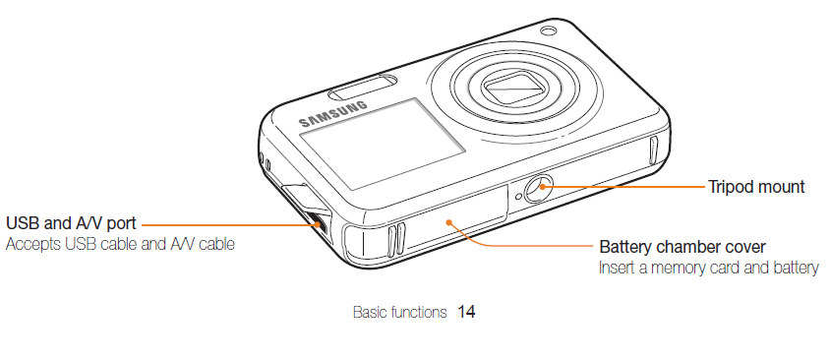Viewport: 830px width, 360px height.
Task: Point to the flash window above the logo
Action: pyautogui.click(x=363, y=88)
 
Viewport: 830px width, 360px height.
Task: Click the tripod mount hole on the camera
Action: pyautogui.click(x=539, y=189)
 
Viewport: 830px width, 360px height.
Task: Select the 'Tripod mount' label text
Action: pyautogui.click(x=756, y=187)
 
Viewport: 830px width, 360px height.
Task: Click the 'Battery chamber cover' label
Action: pyautogui.click(x=682, y=246)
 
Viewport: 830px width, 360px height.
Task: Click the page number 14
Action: pyautogui.click(x=466, y=313)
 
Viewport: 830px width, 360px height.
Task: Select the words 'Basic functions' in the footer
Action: pyautogui.click(x=399, y=313)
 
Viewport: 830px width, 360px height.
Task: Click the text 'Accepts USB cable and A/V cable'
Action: pyautogui.click(x=120, y=243)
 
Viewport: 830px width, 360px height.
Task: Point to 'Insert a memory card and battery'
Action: pyautogui.click(x=709, y=268)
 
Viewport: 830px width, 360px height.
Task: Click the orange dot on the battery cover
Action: pyautogui.click(x=448, y=221)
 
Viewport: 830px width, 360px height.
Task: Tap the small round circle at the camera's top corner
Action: pyautogui.click(x=546, y=31)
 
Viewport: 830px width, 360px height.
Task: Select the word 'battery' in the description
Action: pyautogui.click(x=795, y=268)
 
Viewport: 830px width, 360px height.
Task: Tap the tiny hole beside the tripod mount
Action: pyautogui.click(x=518, y=197)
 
